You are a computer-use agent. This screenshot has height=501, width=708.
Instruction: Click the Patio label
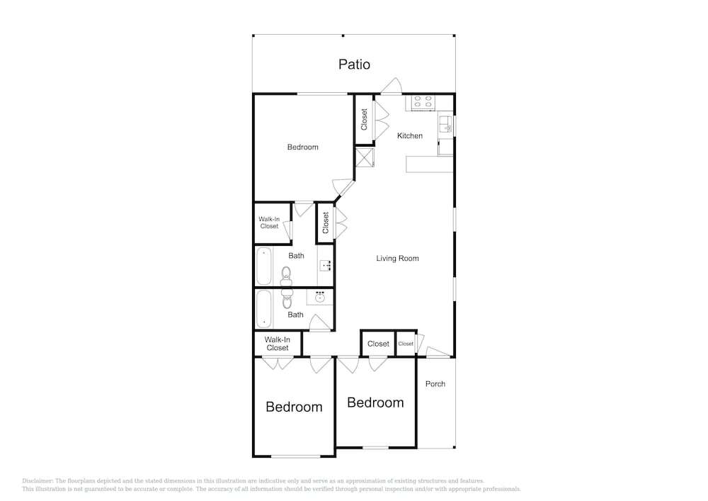click(354, 64)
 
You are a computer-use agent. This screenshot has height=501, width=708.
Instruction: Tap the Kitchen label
click(409, 135)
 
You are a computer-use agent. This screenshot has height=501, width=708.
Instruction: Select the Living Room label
click(397, 259)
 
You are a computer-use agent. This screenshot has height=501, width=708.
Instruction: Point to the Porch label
click(435, 383)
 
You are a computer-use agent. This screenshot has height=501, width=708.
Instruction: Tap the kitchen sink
click(445, 123)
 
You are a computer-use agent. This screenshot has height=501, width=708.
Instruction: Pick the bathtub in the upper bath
click(264, 266)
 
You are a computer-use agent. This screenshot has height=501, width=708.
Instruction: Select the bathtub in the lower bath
click(264, 308)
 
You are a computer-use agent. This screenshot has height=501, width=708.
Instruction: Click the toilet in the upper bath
click(286, 276)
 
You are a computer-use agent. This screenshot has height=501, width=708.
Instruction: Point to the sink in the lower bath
click(320, 297)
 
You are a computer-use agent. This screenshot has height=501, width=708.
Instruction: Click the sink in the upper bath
click(326, 265)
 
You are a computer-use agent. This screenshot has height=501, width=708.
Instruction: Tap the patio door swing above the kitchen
click(391, 86)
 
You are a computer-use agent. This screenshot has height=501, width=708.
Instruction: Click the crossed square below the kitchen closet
click(365, 157)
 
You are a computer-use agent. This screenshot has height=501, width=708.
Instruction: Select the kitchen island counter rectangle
click(430, 164)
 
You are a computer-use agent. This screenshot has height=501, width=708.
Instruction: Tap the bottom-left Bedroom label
click(294, 407)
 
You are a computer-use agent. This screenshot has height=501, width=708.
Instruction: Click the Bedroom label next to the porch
click(375, 403)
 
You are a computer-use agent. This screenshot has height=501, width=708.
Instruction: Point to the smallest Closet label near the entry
click(406, 344)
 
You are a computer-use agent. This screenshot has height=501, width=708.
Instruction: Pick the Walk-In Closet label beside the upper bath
click(269, 223)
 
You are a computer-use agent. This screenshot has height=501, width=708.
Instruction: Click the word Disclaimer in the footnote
click(38, 481)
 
